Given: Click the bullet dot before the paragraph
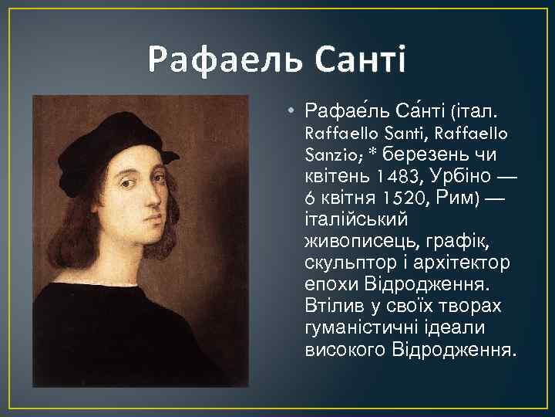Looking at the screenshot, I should click(x=291, y=110).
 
